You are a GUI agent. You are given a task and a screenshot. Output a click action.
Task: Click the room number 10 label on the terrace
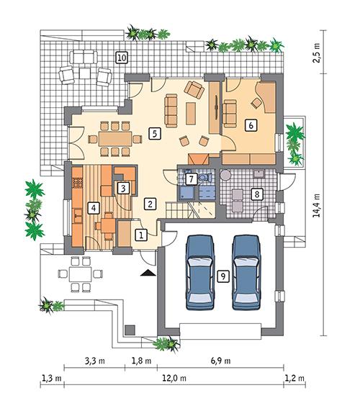click(x=122, y=57)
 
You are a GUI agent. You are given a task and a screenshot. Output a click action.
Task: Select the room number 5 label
click(x=153, y=132)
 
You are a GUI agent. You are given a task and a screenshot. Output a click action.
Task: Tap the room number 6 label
click(x=250, y=125)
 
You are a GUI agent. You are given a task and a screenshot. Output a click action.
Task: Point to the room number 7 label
click(x=191, y=179)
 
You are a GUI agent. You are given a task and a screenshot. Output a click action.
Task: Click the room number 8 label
click(x=255, y=193)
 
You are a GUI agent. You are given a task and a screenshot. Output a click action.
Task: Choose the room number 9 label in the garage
click(x=223, y=276)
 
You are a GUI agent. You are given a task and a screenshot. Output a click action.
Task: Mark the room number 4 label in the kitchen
click(x=92, y=208)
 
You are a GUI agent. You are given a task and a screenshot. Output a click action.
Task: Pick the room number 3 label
click(x=124, y=188)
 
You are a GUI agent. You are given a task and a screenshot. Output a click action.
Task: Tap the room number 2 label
click(x=150, y=204)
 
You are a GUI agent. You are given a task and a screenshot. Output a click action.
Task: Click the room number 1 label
click(x=141, y=234)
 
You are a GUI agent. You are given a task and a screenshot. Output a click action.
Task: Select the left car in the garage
click(x=199, y=272)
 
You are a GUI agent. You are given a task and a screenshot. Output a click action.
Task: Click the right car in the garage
click(x=245, y=272)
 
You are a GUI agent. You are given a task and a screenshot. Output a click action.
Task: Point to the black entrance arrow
click(x=147, y=272)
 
